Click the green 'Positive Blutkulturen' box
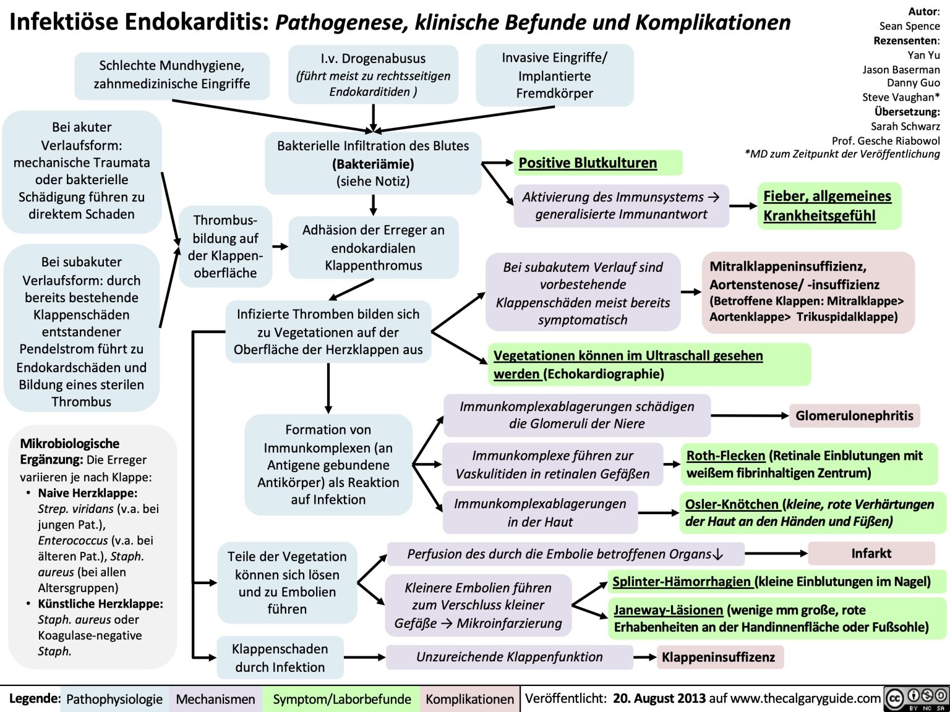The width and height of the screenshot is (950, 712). pyautogui.click(x=597, y=163)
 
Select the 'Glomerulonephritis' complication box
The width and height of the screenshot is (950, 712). pyautogui.click(x=854, y=415)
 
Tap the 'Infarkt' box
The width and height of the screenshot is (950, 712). pyautogui.click(x=871, y=553)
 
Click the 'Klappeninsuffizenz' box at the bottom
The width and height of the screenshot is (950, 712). pyautogui.click(x=718, y=657)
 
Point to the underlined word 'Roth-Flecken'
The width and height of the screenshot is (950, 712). pyautogui.click(x=725, y=456)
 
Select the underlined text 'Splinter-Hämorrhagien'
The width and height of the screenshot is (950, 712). pyautogui.click(x=682, y=582)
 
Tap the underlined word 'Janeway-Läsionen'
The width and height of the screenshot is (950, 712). pyautogui.click(x=668, y=610)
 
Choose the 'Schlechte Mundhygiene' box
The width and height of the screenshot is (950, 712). pyautogui.click(x=172, y=75)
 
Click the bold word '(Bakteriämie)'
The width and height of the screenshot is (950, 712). pyautogui.click(x=373, y=164)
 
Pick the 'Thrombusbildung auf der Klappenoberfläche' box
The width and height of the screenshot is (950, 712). pyautogui.click(x=225, y=246)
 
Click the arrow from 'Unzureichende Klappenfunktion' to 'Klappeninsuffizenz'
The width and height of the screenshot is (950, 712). pyautogui.click(x=645, y=657)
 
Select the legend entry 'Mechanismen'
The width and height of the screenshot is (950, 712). pyautogui.click(x=215, y=699)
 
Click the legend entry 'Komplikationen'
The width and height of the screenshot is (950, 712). pyautogui.click(x=469, y=699)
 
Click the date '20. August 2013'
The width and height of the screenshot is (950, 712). pyautogui.click(x=659, y=698)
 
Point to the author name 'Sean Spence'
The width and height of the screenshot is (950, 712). pyautogui.click(x=909, y=26)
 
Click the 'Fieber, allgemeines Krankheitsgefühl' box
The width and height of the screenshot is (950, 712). pyautogui.click(x=828, y=206)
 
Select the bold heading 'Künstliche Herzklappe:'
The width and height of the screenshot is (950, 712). pyautogui.click(x=100, y=604)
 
